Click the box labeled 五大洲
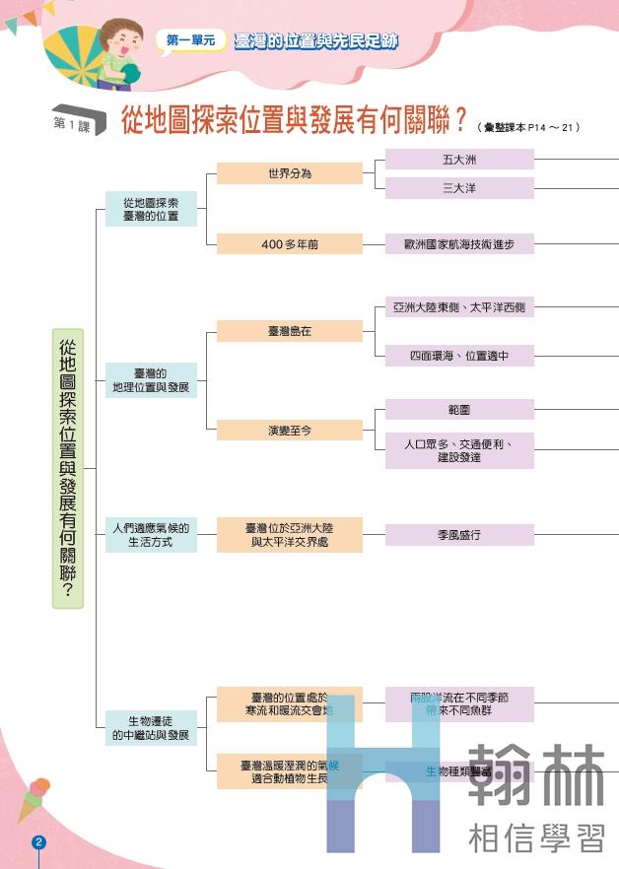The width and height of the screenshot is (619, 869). (x=458, y=159)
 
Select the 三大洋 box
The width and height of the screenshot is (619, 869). (x=458, y=188)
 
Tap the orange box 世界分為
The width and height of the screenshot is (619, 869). (x=290, y=173)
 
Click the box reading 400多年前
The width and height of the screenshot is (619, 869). (x=290, y=244)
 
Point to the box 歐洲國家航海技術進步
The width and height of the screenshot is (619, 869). (x=458, y=244)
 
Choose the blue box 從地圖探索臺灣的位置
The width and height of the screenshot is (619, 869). (x=151, y=209)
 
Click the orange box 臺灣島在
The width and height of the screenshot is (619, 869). (x=290, y=331)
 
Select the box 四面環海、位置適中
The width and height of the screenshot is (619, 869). (x=458, y=356)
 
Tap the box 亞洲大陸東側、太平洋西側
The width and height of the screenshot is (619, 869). (x=458, y=308)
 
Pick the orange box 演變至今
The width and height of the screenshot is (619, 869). (x=290, y=431)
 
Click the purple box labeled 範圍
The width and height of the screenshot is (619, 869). (x=458, y=409)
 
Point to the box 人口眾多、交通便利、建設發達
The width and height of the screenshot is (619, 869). (x=458, y=450)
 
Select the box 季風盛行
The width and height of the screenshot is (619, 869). (x=458, y=535)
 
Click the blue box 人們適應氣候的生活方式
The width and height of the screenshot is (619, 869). (x=151, y=535)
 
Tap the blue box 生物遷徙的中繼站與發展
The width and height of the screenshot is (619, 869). (x=151, y=728)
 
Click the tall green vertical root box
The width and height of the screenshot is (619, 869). (x=68, y=468)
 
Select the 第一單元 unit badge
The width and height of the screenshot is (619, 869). (x=191, y=41)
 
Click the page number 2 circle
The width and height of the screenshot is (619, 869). (x=39, y=842)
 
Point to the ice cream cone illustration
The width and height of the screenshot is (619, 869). (x=33, y=797)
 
